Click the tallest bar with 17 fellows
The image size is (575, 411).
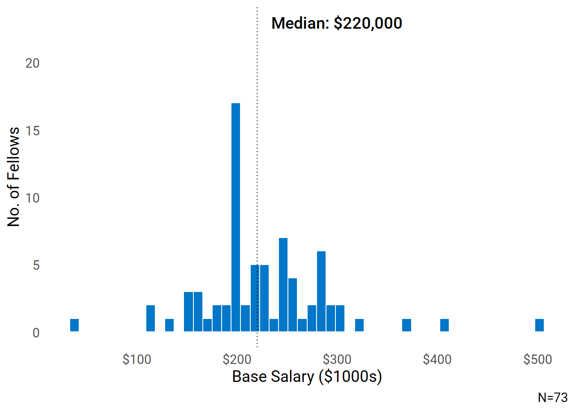(236, 217)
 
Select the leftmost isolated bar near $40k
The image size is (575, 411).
(74, 325)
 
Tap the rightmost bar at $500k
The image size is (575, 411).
(539, 325)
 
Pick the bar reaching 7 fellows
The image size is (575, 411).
(283, 285)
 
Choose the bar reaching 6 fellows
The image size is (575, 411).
(321, 291)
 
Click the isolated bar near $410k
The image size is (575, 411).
(445, 325)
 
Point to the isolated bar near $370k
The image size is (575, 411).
(406, 325)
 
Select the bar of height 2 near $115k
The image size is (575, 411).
(151, 319)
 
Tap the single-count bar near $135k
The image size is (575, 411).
(169, 325)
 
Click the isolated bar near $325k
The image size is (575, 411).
(359, 325)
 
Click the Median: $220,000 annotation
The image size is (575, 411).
(337, 23)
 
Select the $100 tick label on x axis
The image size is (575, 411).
(137, 359)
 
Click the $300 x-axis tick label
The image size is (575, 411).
(337, 359)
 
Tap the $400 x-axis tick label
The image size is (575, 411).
(437, 359)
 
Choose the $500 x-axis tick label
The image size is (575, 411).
(538, 359)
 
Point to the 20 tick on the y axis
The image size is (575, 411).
(33, 63)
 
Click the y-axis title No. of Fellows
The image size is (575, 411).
(14, 176)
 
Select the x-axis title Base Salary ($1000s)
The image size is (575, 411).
(307, 377)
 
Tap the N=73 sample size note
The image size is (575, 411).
(553, 397)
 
